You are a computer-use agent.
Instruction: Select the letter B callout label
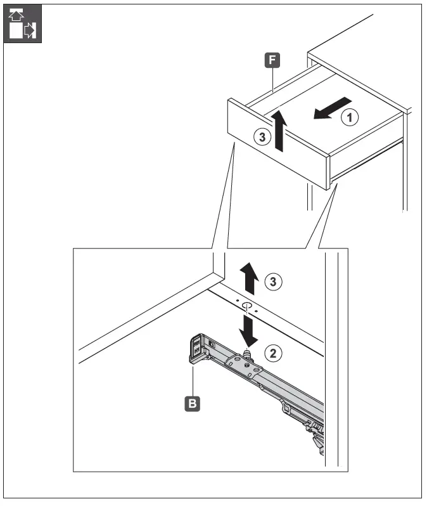(189, 400)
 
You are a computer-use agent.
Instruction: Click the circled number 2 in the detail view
(273, 353)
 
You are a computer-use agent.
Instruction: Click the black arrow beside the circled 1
(330, 108)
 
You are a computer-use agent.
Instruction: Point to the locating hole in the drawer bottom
(246, 306)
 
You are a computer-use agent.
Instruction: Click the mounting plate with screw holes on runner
(243, 366)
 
